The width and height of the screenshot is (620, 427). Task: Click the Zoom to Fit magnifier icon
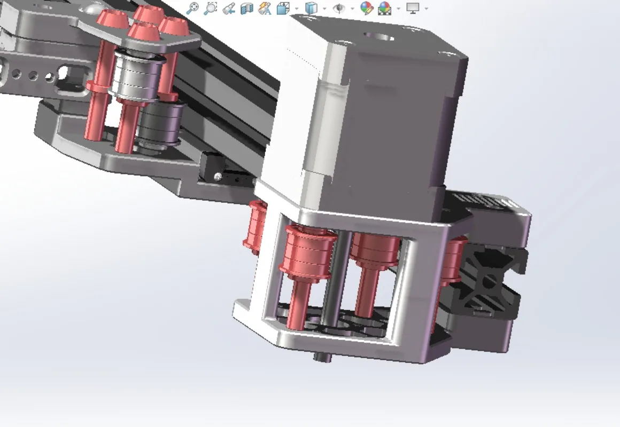[192, 8]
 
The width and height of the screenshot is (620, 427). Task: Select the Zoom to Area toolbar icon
[211, 8]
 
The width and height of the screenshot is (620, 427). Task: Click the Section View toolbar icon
[246, 8]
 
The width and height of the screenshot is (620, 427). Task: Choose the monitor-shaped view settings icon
[413, 8]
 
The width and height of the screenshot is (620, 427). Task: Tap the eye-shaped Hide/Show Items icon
[339, 8]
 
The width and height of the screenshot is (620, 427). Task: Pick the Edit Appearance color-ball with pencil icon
[366, 8]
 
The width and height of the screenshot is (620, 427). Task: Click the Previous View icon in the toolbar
[229, 8]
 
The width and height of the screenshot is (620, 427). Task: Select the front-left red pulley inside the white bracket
[308, 251]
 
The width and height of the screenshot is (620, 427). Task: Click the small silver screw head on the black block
[218, 176]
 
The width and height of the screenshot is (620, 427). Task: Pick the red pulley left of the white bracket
[255, 224]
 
